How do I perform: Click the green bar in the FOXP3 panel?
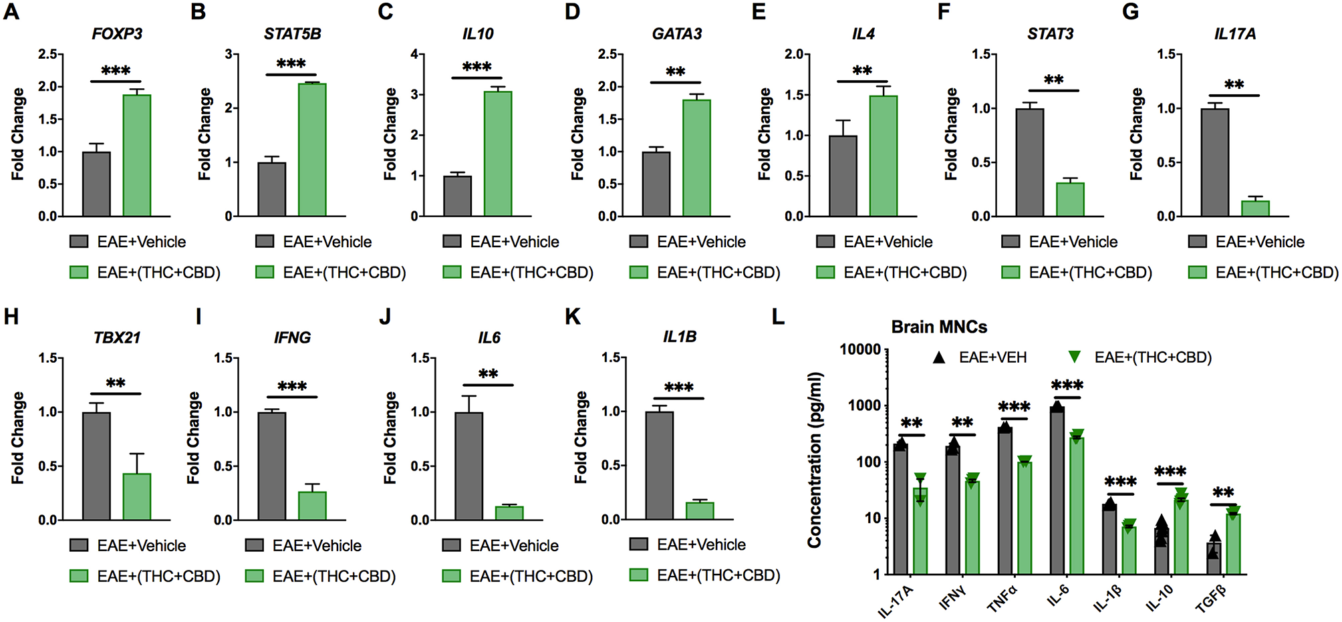click(136, 155)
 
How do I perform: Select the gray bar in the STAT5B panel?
click(271, 189)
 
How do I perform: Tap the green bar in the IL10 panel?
click(498, 154)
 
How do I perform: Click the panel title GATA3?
click(676, 34)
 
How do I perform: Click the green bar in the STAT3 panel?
click(1070, 199)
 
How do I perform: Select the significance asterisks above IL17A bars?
click(1234, 85)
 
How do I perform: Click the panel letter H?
click(11, 316)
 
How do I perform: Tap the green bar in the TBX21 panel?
click(136, 496)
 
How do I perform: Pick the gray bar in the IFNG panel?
click(271, 466)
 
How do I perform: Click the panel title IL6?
click(489, 338)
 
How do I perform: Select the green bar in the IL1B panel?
click(700, 510)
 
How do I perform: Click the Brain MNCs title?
click(939, 327)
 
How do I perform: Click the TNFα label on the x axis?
click(1001, 597)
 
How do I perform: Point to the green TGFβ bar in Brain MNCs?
click(1233, 543)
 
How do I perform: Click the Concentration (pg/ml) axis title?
click(814, 460)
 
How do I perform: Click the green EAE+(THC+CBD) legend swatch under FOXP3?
click(79, 273)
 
